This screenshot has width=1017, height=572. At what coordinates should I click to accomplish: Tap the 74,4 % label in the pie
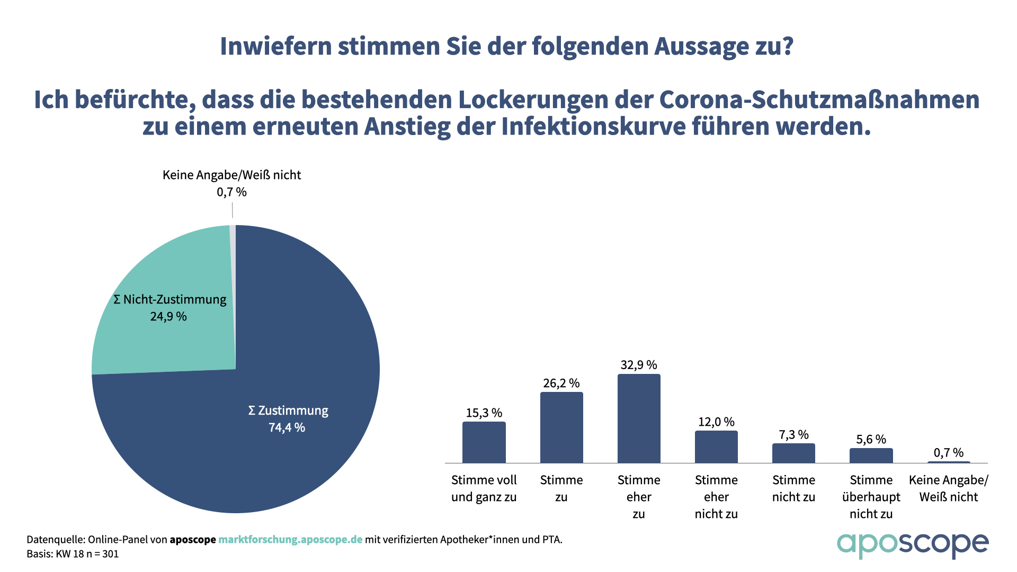[x=287, y=427]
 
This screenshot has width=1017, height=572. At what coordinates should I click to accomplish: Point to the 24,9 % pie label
[x=168, y=317]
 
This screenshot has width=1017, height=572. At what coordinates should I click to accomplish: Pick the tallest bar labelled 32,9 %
[x=639, y=418]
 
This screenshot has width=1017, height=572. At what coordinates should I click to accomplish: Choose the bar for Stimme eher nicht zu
[x=716, y=447]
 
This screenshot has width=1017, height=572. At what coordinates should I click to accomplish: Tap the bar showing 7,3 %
[x=793, y=453]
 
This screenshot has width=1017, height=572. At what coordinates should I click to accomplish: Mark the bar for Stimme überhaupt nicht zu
[x=871, y=455]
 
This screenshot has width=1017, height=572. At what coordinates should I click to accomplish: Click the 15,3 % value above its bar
[x=484, y=413]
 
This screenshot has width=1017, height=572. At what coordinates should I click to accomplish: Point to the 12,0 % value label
[x=716, y=422]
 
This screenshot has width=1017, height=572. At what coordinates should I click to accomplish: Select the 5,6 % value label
[x=871, y=440]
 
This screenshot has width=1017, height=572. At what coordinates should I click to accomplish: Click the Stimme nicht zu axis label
[x=793, y=488]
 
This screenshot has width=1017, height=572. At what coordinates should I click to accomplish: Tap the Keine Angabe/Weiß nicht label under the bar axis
[x=948, y=488]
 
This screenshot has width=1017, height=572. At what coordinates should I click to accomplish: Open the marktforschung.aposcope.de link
[x=290, y=540]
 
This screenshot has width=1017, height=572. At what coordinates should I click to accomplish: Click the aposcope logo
[x=912, y=544]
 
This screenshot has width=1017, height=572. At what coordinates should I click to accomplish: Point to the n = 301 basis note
[x=100, y=554]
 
